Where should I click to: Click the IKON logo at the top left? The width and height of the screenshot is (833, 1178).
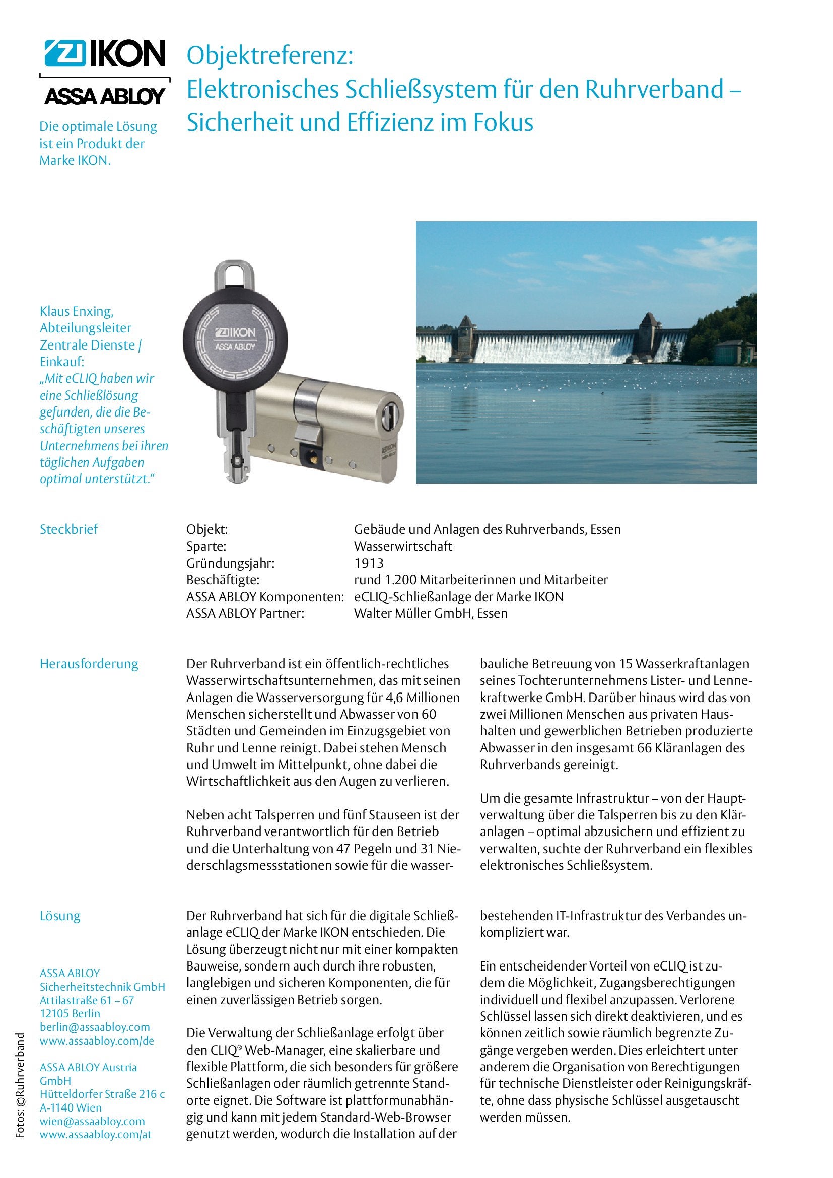pyautogui.click(x=105, y=54)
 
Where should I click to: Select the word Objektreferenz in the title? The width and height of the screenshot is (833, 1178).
pyautogui.click(x=270, y=56)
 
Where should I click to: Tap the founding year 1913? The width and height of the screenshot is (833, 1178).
pyautogui.click(x=368, y=563)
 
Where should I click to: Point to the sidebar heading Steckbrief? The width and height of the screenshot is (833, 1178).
pyautogui.click(x=68, y=529)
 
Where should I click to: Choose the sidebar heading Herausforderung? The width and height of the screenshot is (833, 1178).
pyautogui.click(x=89, y=663)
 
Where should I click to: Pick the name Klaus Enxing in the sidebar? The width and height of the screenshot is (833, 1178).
pyautogui.click(x=77, y=311)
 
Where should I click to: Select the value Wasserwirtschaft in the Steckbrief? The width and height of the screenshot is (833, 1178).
pyautogui.click(x=403, y=546)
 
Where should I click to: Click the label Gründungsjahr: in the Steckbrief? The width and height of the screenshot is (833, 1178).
pyautogui.click(x=230, y=563)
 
